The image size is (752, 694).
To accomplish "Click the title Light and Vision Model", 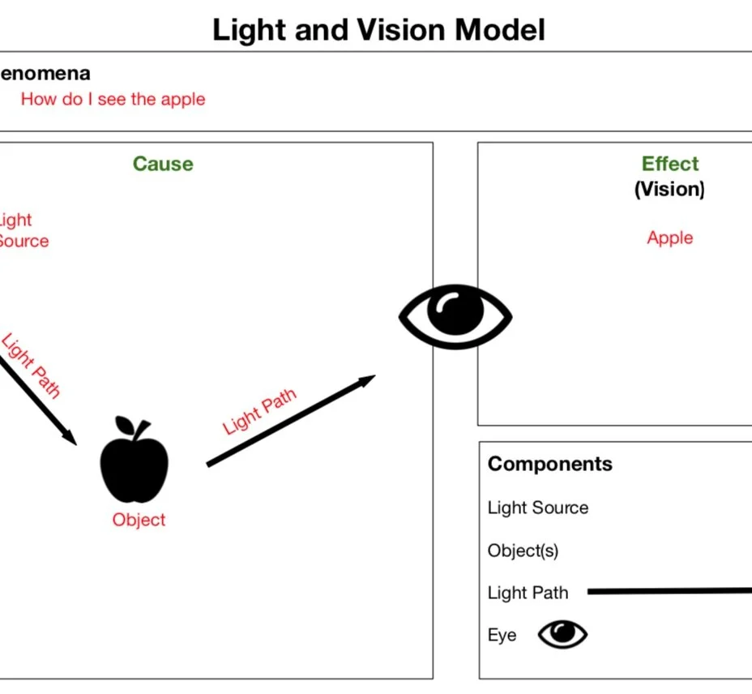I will (378, 30).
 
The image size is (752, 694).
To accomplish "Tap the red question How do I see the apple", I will (113, 99).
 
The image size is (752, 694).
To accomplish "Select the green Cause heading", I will (163, 164).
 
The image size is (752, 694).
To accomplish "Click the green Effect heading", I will (669, 164).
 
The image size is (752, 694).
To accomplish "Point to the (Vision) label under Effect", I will (669, 189).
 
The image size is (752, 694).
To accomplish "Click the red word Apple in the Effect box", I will (669, 238).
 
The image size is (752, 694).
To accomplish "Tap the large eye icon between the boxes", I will (455, 316).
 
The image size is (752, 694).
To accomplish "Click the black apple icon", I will (134, 468).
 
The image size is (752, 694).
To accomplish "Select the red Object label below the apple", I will (139, 520).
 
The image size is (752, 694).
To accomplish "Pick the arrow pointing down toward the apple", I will (36, 401).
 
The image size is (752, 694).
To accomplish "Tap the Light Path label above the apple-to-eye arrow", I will (259, 412).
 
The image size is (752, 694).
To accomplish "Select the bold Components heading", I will (549, 464).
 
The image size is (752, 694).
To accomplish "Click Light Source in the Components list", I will (537, 508).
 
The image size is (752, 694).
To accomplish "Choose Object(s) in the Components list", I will (523, 550).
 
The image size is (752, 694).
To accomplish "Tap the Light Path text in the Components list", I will (528, 593).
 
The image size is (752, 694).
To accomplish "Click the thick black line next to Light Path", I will (669, 591).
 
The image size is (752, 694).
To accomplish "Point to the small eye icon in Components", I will (562, 634).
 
